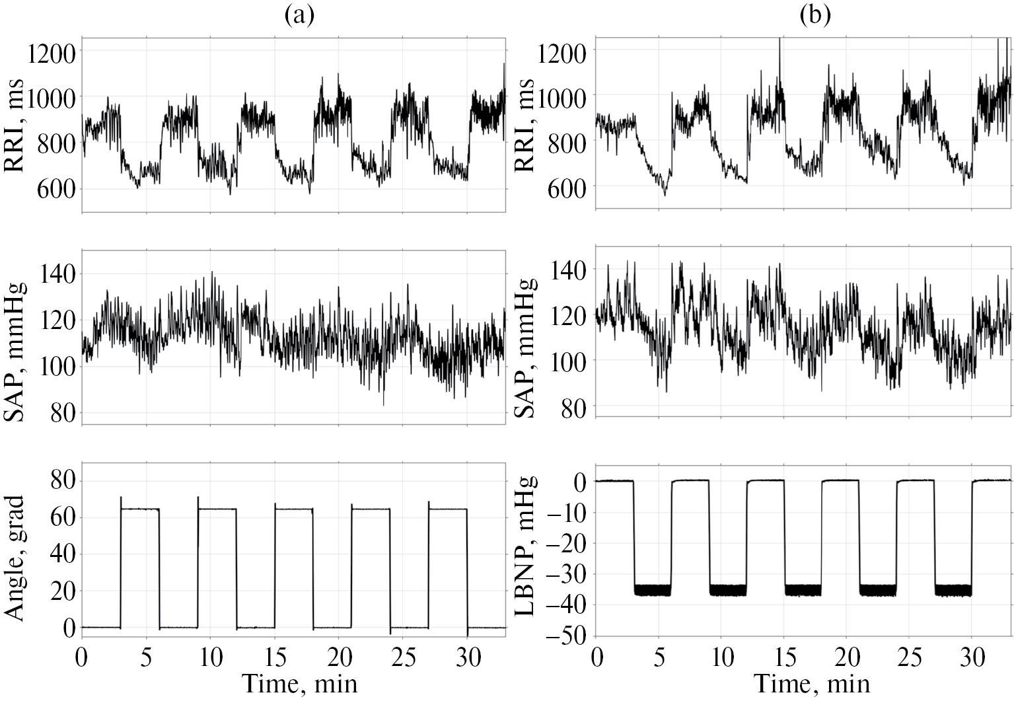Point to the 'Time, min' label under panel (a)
299,683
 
